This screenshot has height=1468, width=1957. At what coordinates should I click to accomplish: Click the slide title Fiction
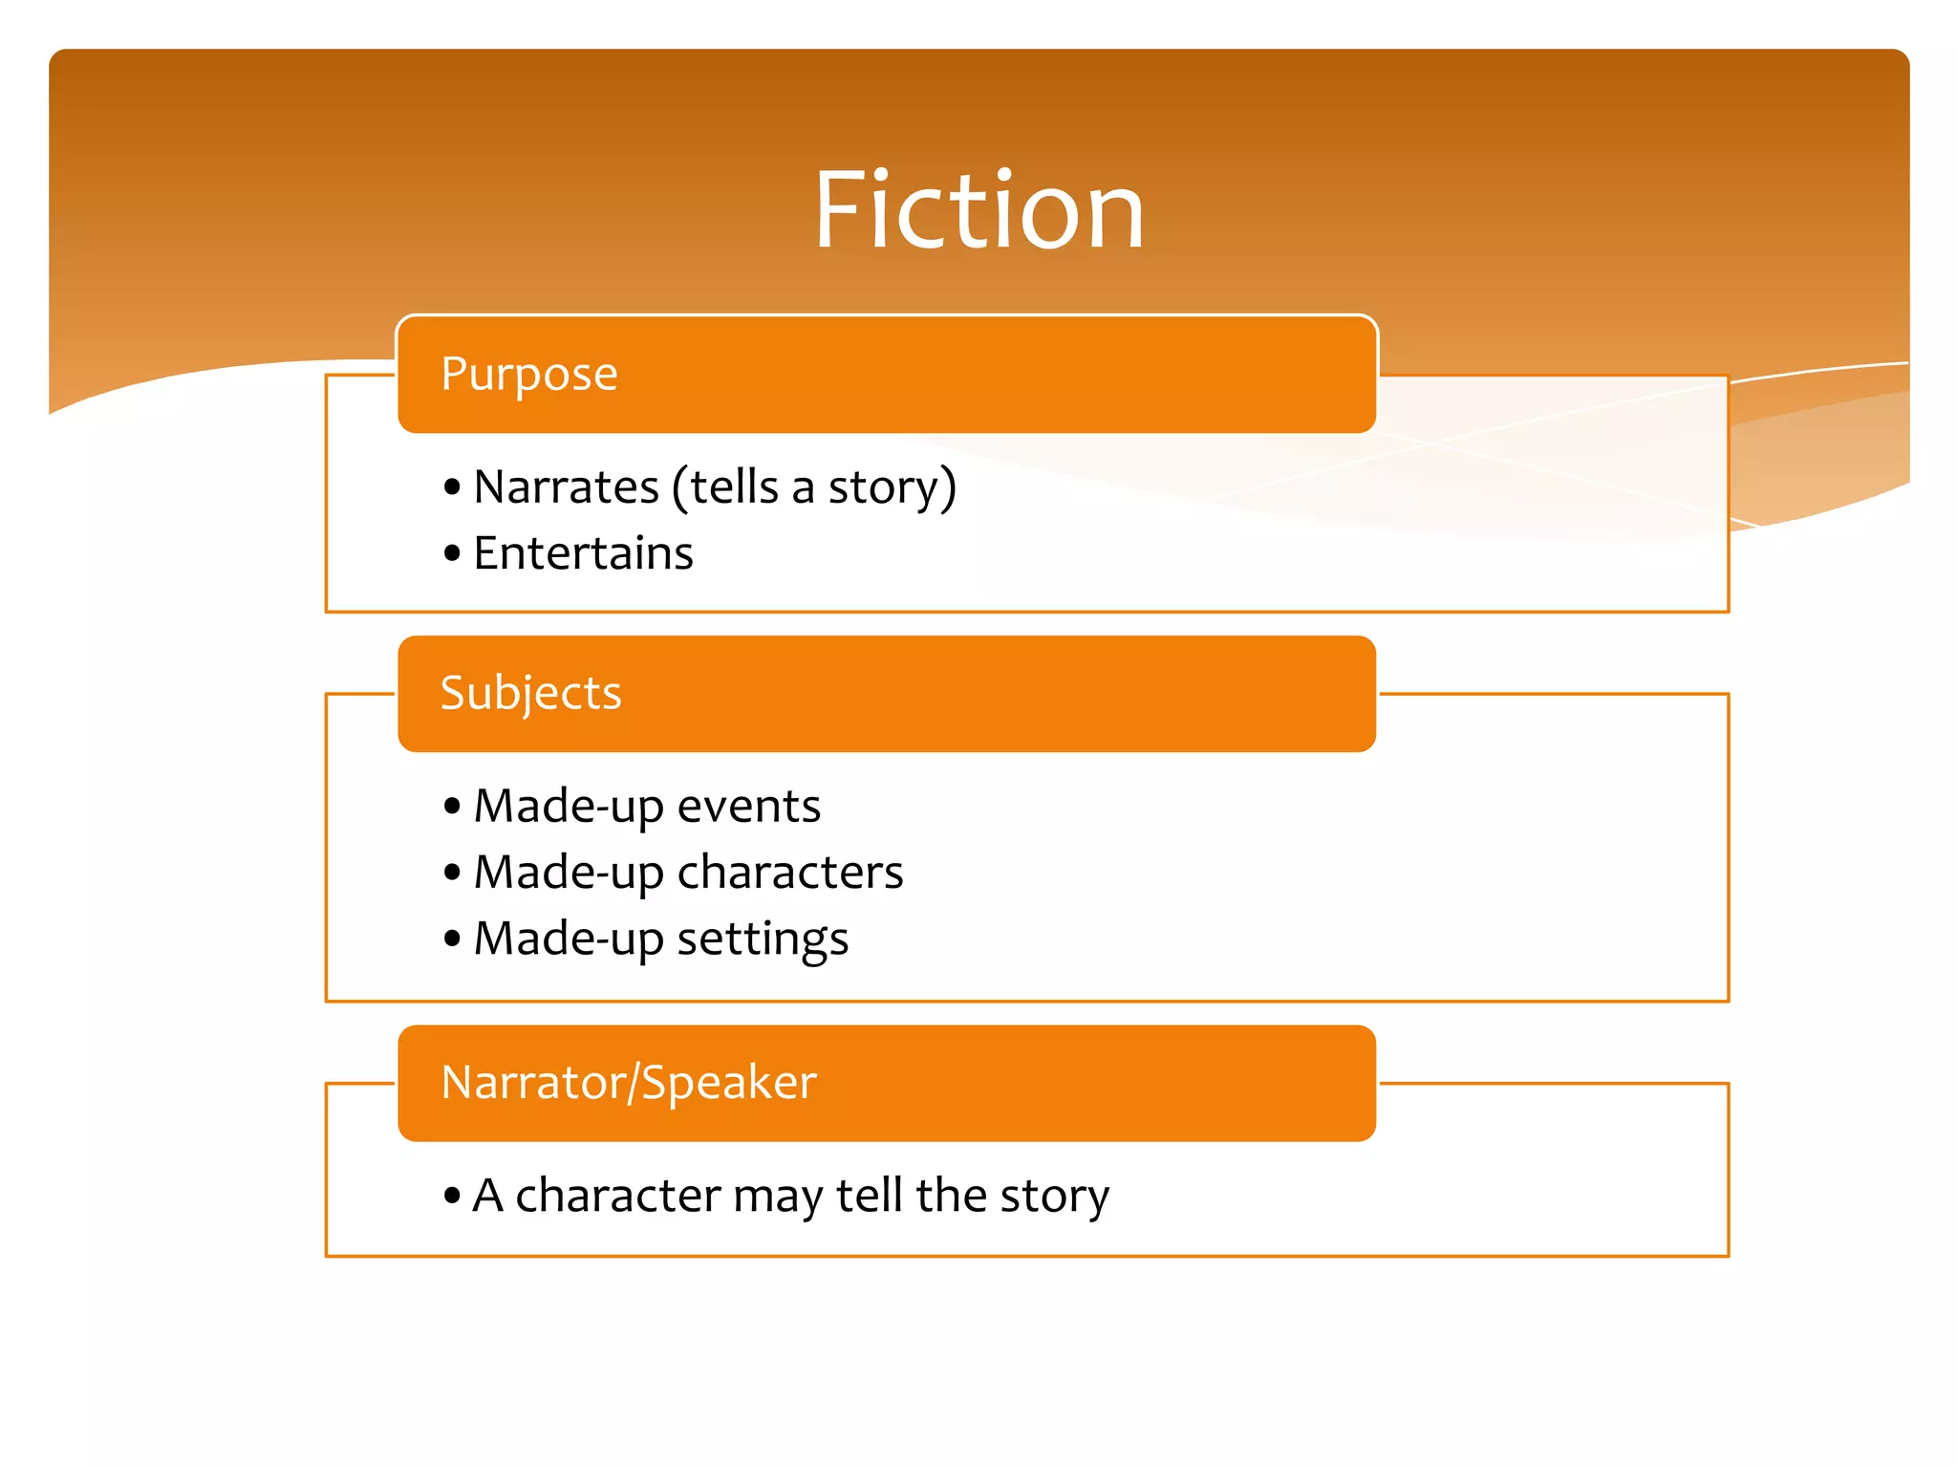pyautogui.click(x=978, y=210)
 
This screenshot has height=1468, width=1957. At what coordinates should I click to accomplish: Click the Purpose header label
pyautogui.click(x=529, y=374)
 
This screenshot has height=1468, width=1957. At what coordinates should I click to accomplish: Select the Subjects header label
pyautogui.click(x=530, y=693)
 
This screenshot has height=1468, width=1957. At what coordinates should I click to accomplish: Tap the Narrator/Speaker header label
pyautogui.click(x=629, y=1083)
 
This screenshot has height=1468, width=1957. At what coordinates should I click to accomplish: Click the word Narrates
pyautogui.click(x=566, y=487)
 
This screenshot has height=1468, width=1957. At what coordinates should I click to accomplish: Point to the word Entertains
pyautogui.click(x=583, y=553)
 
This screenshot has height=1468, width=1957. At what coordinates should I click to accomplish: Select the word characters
pyautogui.click(x=789, y=873)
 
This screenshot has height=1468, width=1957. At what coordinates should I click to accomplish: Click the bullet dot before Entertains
pyautogui.click(x=452, y=553)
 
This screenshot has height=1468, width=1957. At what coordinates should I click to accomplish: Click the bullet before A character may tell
pyautogui.click(x=452, y=1195)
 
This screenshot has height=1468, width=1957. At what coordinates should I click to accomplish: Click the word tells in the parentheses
pyautogui.click(x=734, y=487)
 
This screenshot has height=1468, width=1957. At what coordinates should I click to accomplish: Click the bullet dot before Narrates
pyautogui.click(x=452, y=487)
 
